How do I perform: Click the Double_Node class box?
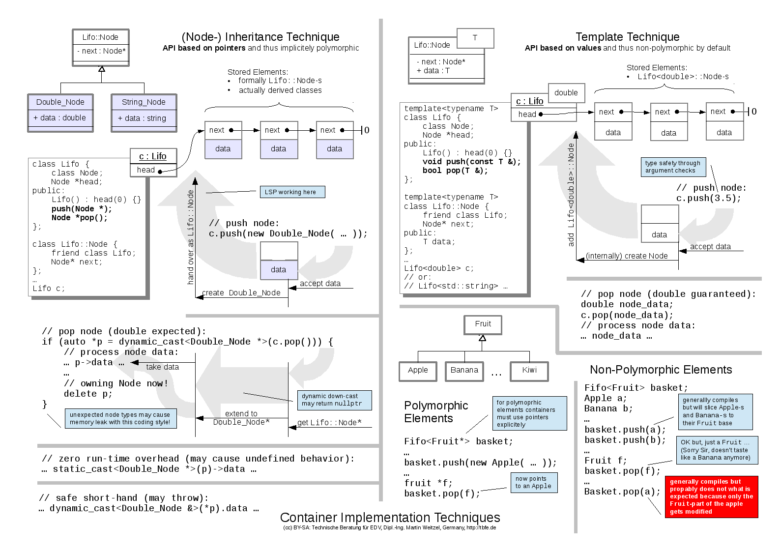(60, 113)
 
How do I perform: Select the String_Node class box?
(144, 113)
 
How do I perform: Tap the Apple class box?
(418, 371)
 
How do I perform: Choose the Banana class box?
(464, 371)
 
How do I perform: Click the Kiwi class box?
(529, 371)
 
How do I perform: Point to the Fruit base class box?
(483, 324)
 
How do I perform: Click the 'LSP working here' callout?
(292, 192)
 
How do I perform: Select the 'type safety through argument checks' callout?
(673, 167)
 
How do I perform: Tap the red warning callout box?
(711, 496)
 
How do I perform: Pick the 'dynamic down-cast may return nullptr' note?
(334, 400)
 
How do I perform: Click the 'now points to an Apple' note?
(534, 482)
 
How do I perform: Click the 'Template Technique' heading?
(627, 37)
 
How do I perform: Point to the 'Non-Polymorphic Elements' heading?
(661, 370)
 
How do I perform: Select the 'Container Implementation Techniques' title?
(390, 517)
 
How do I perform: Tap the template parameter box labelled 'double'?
(566, 92)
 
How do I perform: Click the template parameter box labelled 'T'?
(475, 38)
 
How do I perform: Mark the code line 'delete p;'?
(88, 394)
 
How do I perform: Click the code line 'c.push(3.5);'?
(708, 198)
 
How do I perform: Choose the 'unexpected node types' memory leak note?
(120, 418)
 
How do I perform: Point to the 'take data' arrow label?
(162, 367)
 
